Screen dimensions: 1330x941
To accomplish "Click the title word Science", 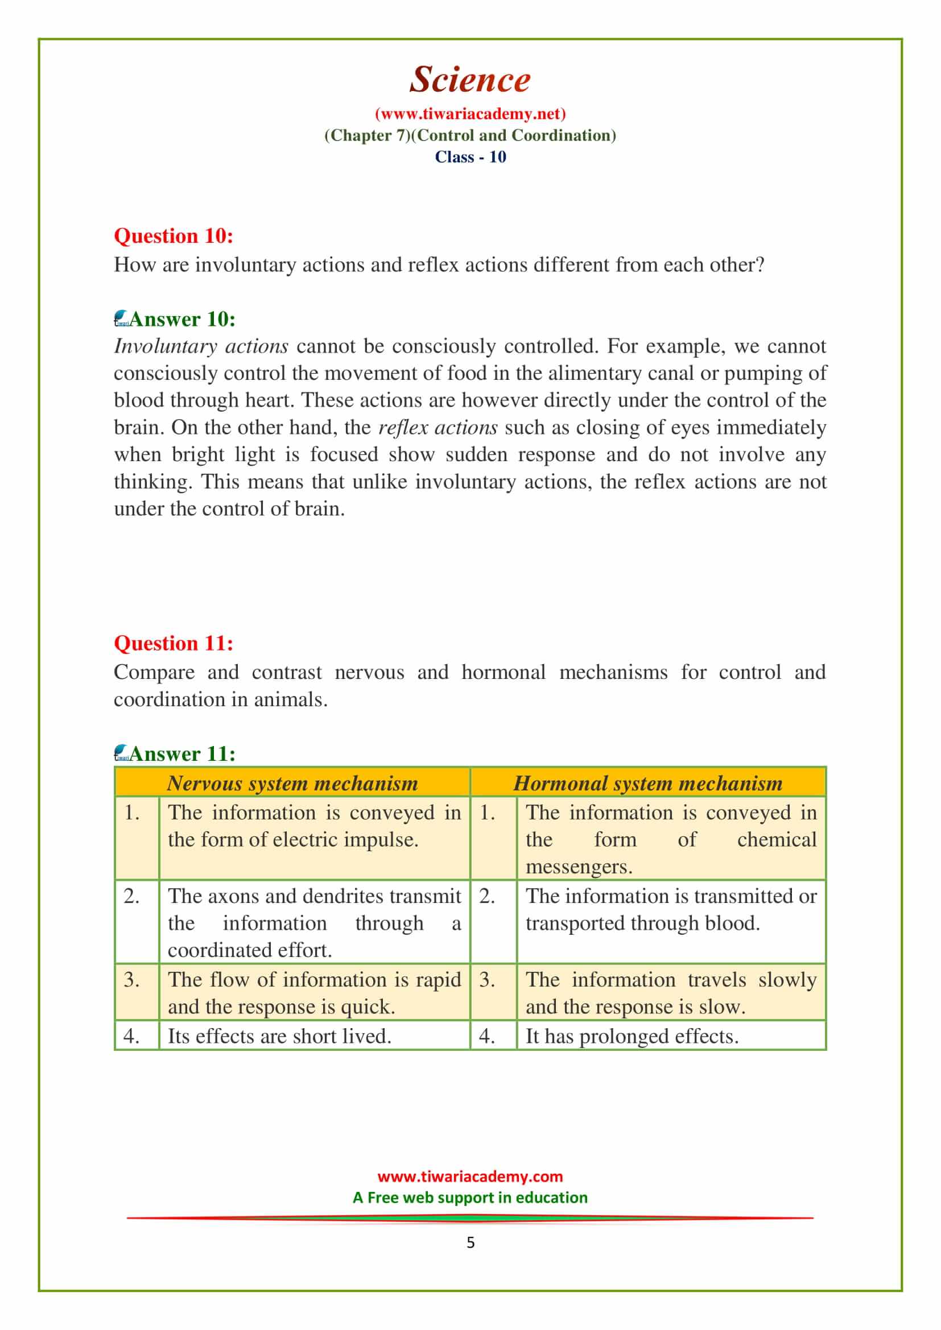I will point(470,80).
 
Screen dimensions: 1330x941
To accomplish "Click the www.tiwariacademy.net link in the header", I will point(470,114).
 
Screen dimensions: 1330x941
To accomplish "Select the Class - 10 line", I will point(470,157).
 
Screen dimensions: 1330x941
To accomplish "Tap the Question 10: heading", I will point(174,236).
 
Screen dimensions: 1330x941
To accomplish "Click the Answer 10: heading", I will point(182,319).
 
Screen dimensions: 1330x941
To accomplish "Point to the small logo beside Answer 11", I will point(121,753).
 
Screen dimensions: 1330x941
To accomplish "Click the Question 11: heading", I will point(174,643).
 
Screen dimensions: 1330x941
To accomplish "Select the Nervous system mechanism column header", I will point(292,783).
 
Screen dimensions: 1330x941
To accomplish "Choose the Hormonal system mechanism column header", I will point(648,783).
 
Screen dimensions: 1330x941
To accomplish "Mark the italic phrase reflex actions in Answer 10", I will point(438,428).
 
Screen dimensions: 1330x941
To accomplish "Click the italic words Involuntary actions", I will point(201,346).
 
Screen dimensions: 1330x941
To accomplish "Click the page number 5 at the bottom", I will point(470,1242).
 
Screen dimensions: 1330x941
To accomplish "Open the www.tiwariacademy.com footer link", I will point(470,1176).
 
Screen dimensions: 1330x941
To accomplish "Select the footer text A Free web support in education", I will point(470,1198).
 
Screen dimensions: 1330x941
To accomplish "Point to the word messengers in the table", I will point(578,867).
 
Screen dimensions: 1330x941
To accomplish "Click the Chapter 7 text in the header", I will point(368,135).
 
